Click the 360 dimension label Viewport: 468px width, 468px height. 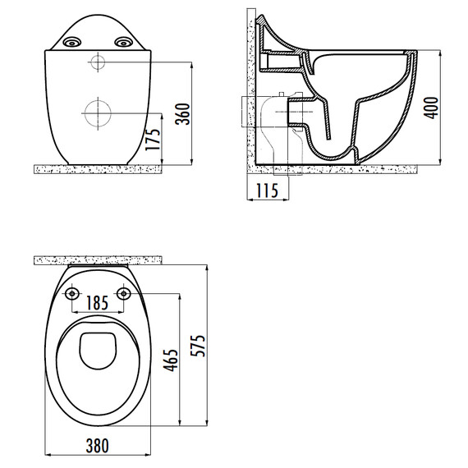(x=182, y=114)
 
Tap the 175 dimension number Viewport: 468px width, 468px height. (x=154, y=140)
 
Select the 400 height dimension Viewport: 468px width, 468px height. (x=431, y=108)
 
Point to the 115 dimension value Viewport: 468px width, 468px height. (x=268, y=190)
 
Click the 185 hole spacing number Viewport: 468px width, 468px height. (x=98, y=303)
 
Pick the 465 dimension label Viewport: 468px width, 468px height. (x=171, y=360)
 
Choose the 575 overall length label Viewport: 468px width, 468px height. (x=198, y=346)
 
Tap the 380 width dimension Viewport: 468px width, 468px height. (x=98, y=446)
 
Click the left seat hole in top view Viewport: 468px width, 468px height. (x=72, y=294)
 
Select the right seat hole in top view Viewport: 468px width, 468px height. (x=123, y=294)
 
